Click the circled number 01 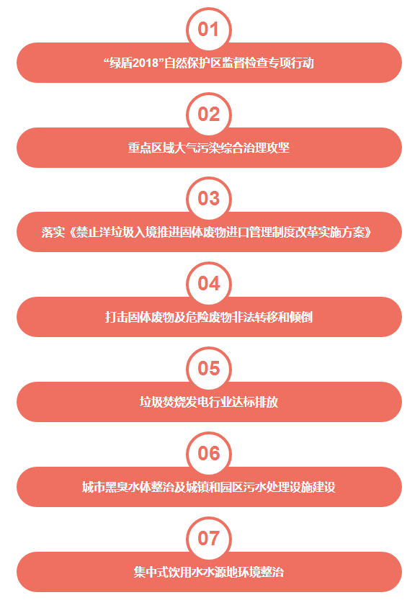coord(209,30)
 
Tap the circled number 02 coord(209,115)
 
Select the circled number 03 coord(209,199)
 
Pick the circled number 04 coord(209,284)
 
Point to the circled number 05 coord(209,369)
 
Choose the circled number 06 coord(209,454)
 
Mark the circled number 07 coord(209,538)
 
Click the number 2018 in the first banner coord(146,63)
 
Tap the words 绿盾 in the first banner coord(121,63)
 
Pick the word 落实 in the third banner coord(53,232)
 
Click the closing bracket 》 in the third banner coord(368,232)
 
